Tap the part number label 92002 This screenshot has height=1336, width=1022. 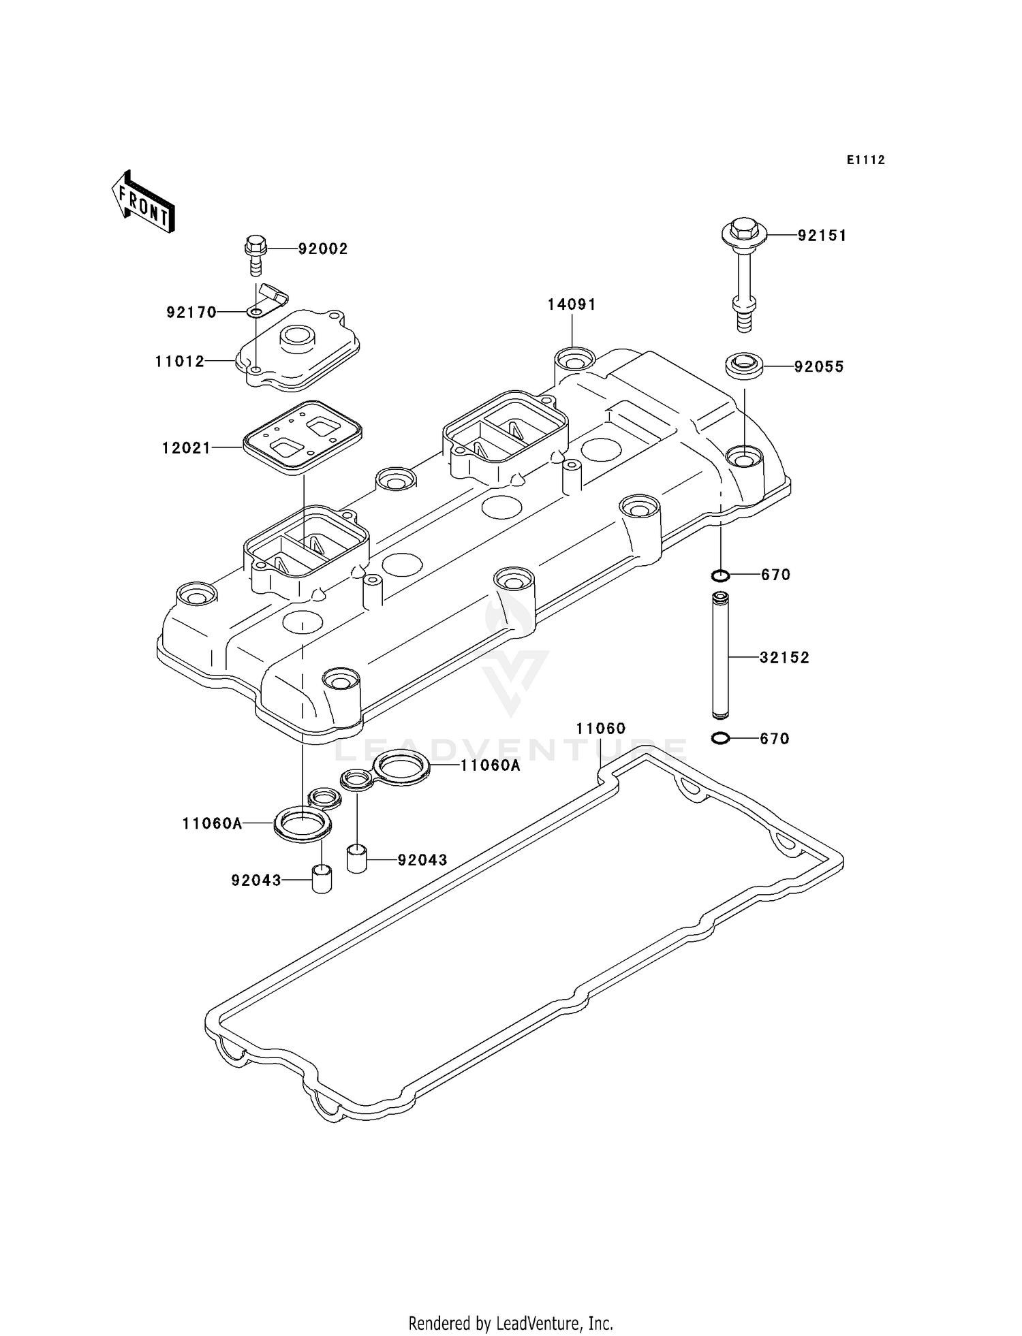click(x=322, y=249)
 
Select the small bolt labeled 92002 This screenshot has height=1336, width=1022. click(x=255, y=253)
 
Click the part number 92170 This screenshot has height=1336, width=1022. click(x=191, y=313)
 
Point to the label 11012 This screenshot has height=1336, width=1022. click(x=180, y=362)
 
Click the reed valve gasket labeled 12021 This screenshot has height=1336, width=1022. click(x=302, y=436)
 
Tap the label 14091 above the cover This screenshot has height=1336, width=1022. click(x=572, y=305)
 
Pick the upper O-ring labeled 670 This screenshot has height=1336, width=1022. click(x=720, y=576)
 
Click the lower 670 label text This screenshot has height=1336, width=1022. click(x=775, y=739)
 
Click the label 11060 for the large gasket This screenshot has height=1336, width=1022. click(x=600, y=729)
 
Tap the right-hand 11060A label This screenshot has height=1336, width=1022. click(x=490, y=765)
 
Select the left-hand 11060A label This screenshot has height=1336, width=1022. click(x=212, y=824)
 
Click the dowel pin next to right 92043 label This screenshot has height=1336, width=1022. click(x=357, y=858)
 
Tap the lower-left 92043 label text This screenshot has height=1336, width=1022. click(x=256, y=880)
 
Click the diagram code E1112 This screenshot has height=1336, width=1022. click(x=865, y=160)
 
